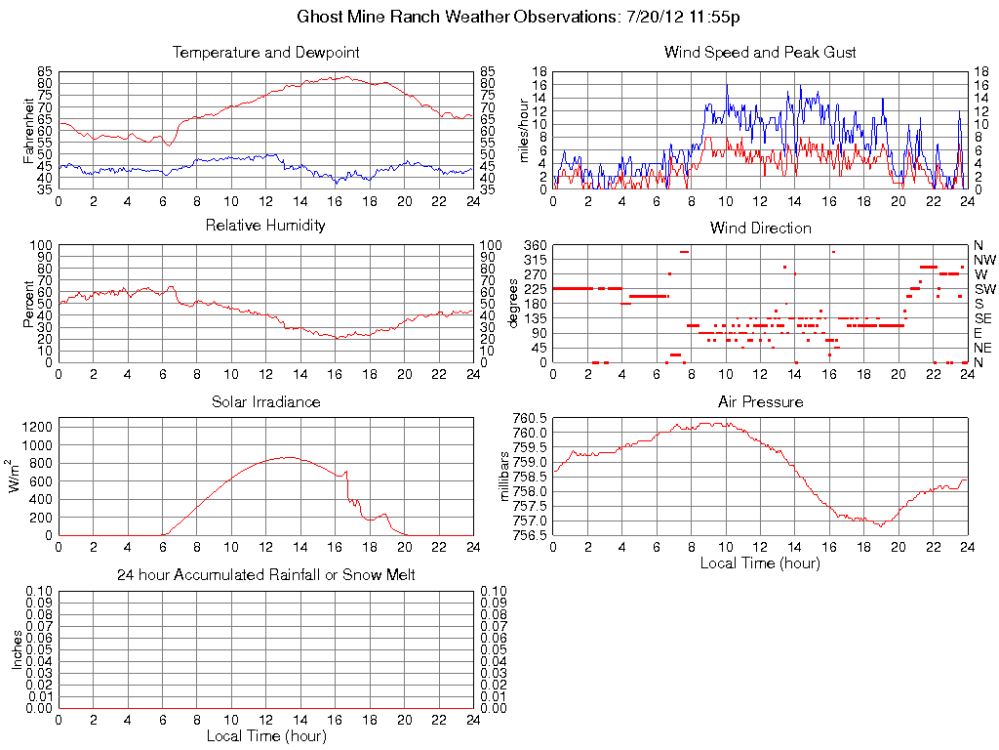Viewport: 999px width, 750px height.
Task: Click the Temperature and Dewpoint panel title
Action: click(265, 52)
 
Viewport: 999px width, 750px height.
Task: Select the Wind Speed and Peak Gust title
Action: click(760, 52)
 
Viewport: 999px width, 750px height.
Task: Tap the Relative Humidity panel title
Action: click(265, 226)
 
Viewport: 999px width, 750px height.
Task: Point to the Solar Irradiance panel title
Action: click(265, 401)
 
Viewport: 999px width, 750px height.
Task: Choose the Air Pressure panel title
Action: click(760, 401)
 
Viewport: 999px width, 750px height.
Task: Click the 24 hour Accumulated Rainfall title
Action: click(265, 575)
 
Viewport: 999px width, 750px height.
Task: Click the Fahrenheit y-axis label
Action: click(29, 130)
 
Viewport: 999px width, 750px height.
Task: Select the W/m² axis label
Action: click(16, 476)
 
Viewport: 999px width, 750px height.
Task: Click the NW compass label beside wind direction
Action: click(984, 260)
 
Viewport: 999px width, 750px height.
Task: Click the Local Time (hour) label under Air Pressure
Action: click(760, 563)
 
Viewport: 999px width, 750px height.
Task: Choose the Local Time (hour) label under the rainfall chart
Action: click(265, 736)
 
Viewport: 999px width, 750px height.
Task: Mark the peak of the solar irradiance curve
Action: click(287, 456)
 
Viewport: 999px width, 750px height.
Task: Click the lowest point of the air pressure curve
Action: click(879, 525)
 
